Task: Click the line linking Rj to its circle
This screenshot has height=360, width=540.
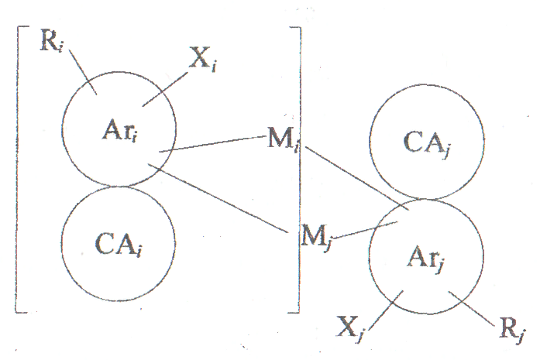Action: (x=475, y=308)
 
